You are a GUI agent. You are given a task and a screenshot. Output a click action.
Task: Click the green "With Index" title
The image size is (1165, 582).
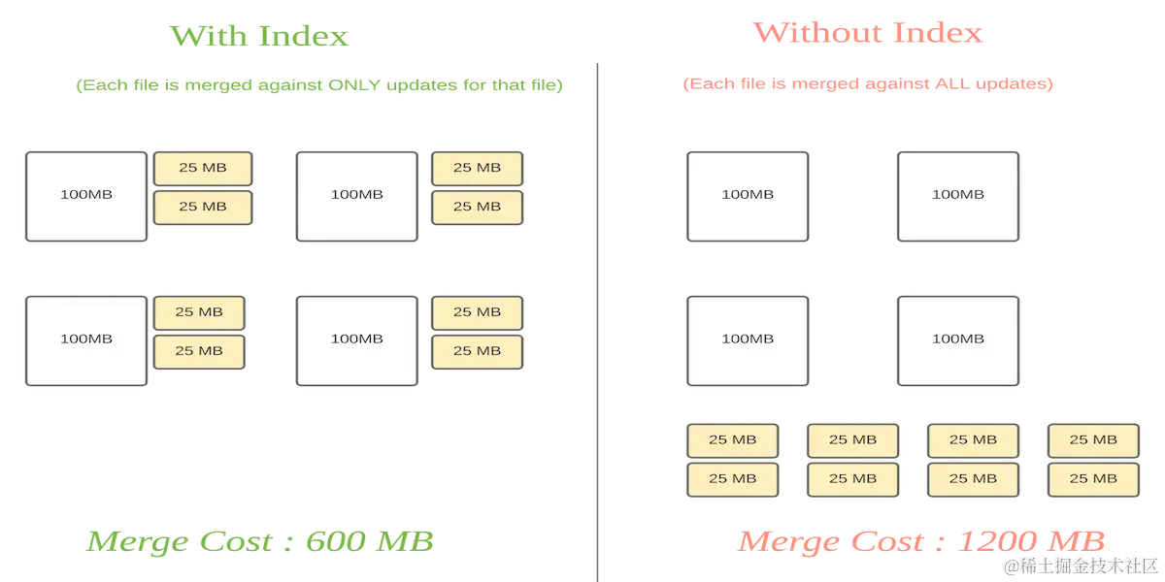click(x=260, y=36)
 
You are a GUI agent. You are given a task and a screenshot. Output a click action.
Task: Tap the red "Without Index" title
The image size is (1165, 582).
click(x=869, y=34)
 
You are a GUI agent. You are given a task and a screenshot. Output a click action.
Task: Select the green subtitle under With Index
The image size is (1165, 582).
click(x=319, y=85)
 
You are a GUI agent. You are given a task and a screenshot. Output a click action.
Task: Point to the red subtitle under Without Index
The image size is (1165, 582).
click(x=867, y=84)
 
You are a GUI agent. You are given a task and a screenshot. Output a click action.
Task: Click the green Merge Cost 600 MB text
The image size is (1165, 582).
click(x=259, y=541)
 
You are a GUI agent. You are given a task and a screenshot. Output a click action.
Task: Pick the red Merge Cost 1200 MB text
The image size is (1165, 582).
click(x=921, y=541)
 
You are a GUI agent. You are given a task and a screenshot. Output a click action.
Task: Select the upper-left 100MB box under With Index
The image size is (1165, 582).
click(x=86, y=195)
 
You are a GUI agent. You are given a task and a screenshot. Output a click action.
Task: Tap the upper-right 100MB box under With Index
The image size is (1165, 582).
click(x=356, y=195)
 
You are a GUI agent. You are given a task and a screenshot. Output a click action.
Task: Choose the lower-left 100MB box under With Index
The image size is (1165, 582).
click(x=86, y=339)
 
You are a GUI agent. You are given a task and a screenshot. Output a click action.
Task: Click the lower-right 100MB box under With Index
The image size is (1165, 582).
click(x=356, y=339)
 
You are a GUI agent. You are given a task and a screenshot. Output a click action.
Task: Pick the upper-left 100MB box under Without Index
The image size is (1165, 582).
click(x=748, y=195)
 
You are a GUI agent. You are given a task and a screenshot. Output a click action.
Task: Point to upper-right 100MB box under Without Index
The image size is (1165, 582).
click(x=957, y=195)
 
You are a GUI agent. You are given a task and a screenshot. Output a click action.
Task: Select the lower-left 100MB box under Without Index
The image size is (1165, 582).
click(x=748, y=339)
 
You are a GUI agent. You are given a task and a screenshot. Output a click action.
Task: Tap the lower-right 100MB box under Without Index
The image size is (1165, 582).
click(x=957, y=339)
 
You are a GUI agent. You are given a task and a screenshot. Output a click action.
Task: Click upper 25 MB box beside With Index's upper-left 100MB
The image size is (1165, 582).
click(x=203, y=168)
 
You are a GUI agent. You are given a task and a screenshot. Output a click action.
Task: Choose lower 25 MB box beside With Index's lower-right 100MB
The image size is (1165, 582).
click(x=477, y=351)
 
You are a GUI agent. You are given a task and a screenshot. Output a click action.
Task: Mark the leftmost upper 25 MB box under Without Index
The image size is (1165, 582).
click(x=733, y=440)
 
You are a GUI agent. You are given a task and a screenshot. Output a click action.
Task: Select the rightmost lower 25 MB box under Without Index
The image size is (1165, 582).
click(x=1092, y=479)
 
